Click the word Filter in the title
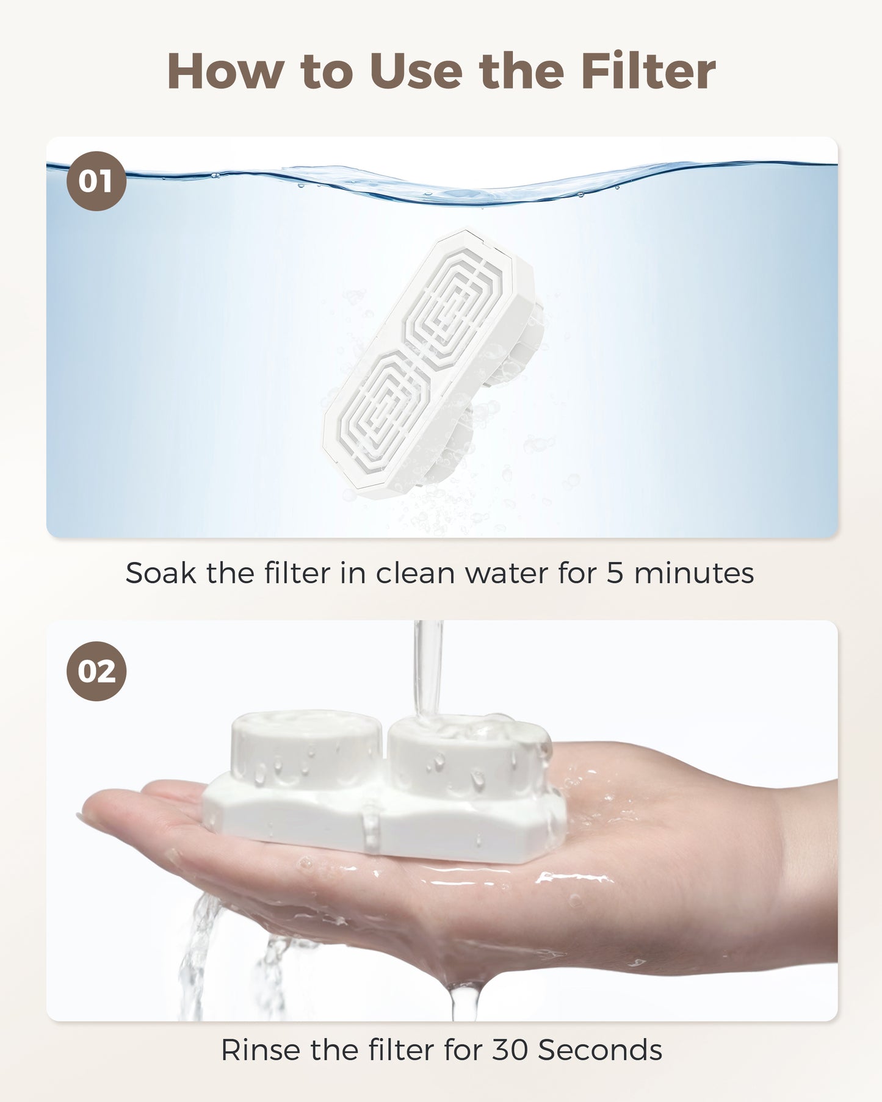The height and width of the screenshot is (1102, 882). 648,71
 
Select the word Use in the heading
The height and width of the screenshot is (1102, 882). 416,71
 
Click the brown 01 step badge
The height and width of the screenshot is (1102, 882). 96,181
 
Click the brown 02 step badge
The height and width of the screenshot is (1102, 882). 96,671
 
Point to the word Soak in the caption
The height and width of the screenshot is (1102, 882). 161,573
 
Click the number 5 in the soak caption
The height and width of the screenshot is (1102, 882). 614,573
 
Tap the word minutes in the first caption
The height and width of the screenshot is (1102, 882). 694,573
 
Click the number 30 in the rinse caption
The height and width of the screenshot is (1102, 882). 510,1050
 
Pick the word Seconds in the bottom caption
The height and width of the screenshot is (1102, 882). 600,1050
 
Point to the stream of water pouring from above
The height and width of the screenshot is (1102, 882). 428,665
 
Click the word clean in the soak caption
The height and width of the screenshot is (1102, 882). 415,573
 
